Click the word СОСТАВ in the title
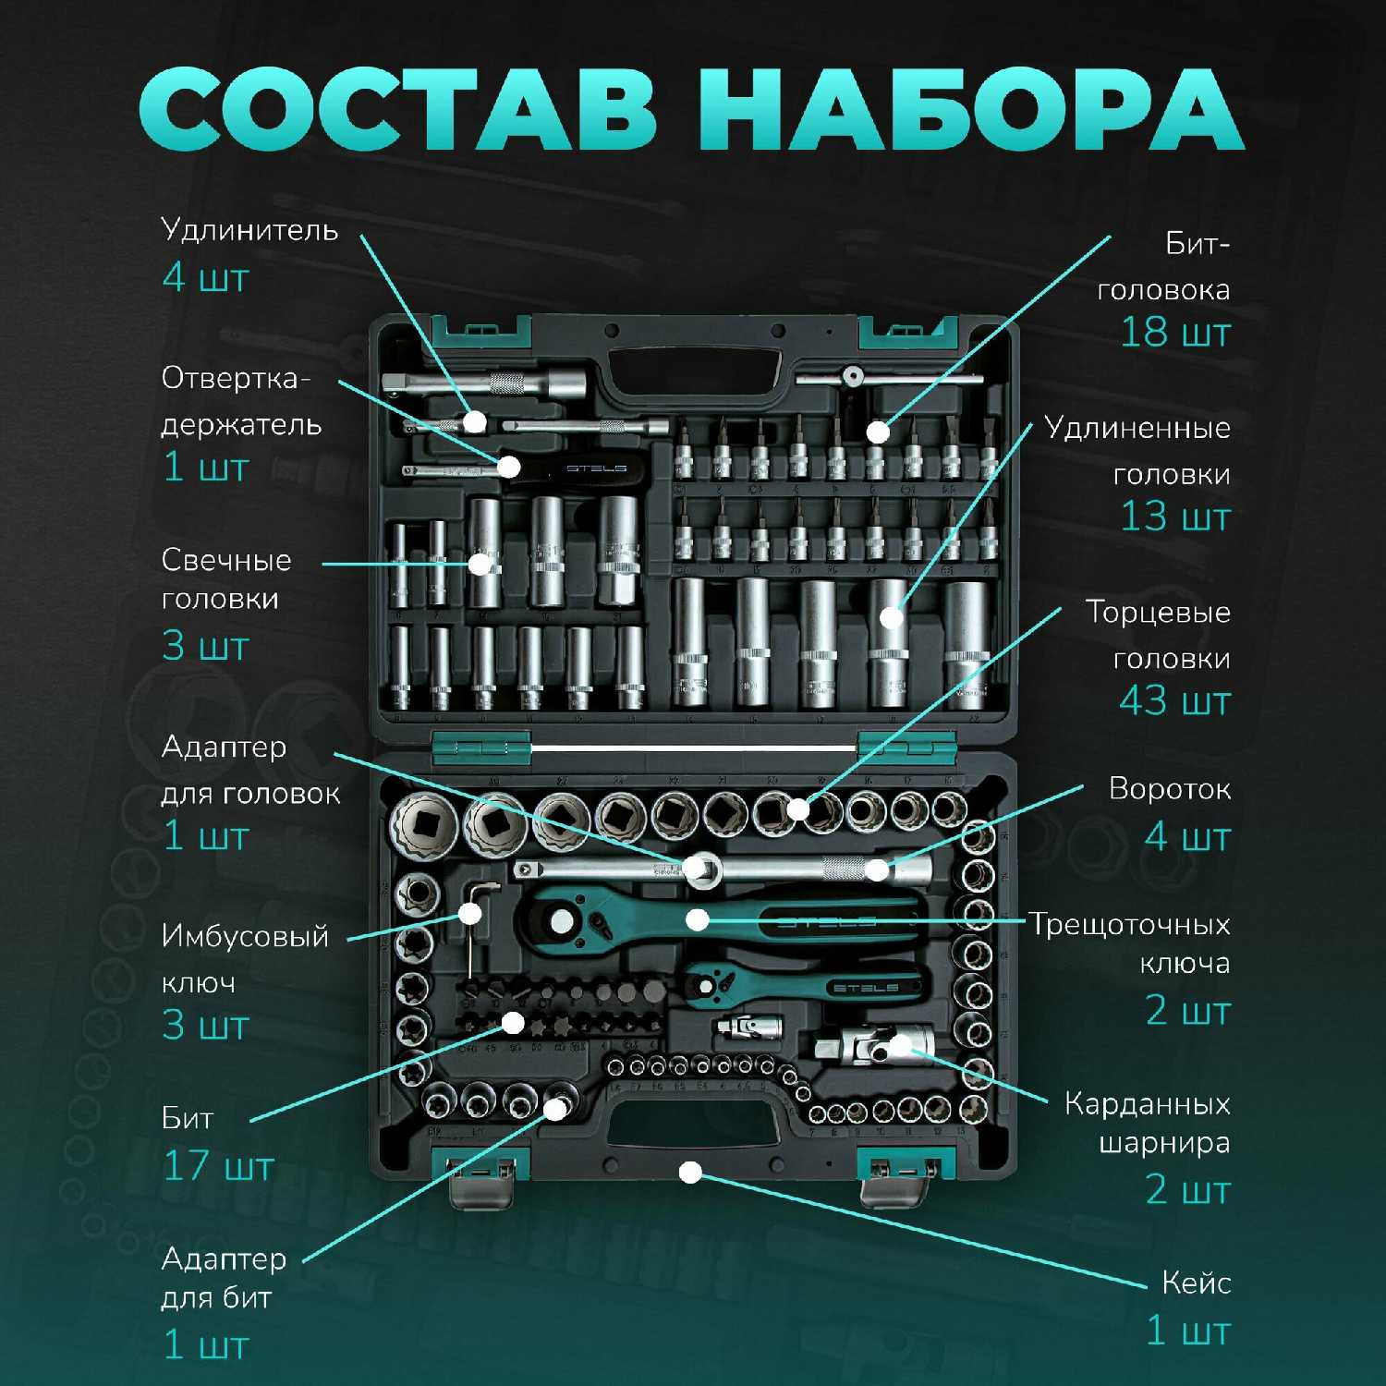tap(398, 108)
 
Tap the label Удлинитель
tap(249, 230)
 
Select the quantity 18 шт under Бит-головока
tap(1175, 333)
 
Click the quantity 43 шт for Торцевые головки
tap(1175, 701)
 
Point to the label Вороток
tap(1170, 789)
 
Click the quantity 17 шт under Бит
tap(219, 1166)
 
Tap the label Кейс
tap(1197, 1283)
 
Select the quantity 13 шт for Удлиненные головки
tap(1175, 517)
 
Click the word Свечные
tap(226, 560)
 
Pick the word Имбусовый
tap(245, 937)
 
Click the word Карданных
tap(1148, 1104)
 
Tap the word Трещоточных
tap(1130, 925)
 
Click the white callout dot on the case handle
tap(690, 1173)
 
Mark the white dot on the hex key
tap(470, 914)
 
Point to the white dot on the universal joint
tap(898, 1046)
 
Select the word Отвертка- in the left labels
tap(237, 378)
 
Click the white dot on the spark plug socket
tap(480, 563)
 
